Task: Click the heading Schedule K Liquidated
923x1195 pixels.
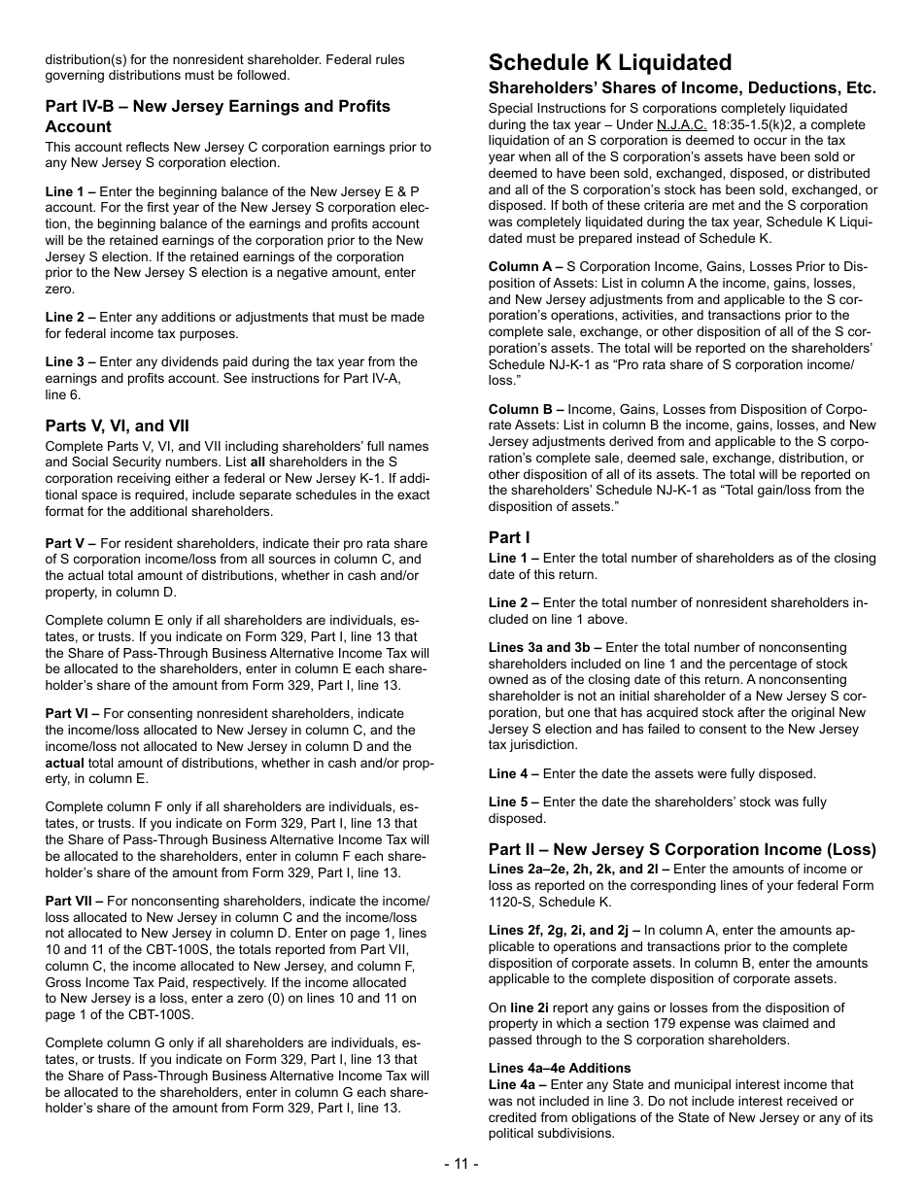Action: click(610, 63)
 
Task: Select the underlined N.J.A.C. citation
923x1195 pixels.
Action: click(681, 125)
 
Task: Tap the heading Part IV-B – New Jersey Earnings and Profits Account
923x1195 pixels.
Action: click(218, 116)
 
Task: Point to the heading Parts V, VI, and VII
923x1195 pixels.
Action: click(118, 426)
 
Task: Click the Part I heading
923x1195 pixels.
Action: click(509, 537)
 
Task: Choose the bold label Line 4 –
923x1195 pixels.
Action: click(514, 773)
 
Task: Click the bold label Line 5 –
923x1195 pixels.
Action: click(514, 802)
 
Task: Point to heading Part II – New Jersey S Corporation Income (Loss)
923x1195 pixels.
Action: click(682, 849)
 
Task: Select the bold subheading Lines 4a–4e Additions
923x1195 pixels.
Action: click(560, 1068)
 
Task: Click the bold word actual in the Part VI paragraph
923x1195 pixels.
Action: click(65, 763)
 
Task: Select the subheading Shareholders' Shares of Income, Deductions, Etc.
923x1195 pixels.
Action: click(682, 88)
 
